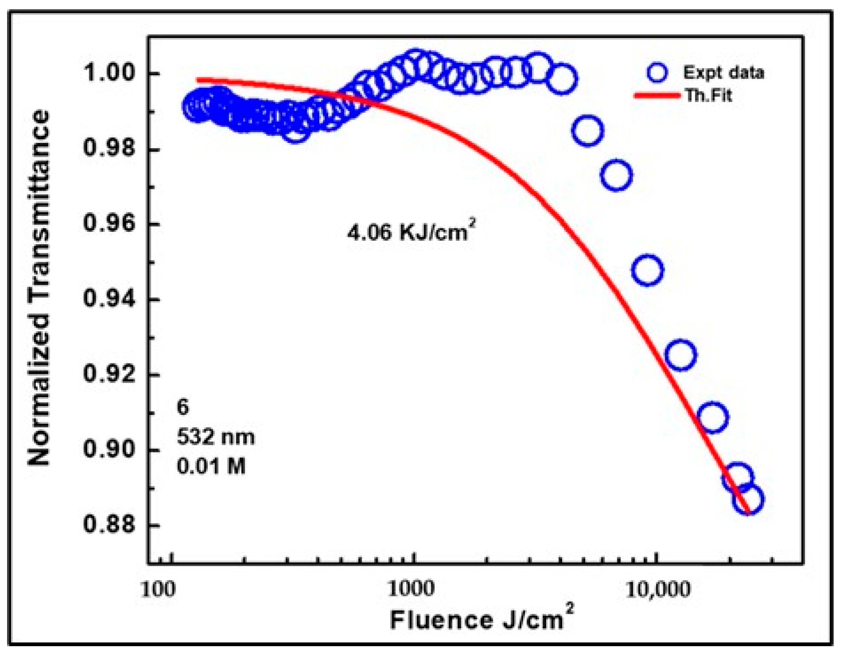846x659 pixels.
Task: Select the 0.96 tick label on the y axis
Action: point(109,223)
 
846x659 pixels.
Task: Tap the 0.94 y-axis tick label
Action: point(109,299)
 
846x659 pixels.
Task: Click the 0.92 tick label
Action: point(109,374)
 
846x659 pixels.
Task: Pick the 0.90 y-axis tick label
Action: point(109,449)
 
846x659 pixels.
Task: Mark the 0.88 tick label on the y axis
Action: point(109,525)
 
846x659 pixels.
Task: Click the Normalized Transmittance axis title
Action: point(39,287)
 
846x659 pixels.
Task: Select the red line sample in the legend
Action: point(657,95)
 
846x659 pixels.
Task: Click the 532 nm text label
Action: point(216,437)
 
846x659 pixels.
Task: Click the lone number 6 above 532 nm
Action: point(183,407)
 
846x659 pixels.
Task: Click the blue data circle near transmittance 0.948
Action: point(647,270)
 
